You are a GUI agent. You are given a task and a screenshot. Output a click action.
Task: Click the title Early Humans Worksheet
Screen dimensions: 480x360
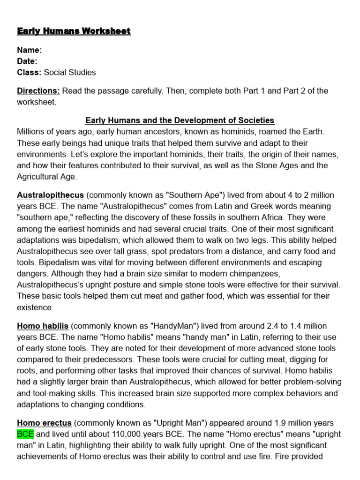[x=74, y=31]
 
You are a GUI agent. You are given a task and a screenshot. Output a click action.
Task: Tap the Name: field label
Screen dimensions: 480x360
[x=30, y=50]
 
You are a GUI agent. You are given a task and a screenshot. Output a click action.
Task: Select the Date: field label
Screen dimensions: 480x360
[x=27, y=61]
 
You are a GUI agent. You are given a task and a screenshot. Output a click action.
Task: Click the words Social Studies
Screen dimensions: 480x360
[x=70, y=72]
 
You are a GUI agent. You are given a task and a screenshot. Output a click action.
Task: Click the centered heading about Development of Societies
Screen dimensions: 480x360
[x=180, y=120]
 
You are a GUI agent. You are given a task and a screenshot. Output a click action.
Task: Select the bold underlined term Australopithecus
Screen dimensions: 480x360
[x=50, y=195]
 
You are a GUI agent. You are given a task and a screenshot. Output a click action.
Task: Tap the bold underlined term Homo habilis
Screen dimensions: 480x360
[x=43, y=326]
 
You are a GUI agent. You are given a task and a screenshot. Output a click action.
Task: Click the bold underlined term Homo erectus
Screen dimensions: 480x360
[x=44, y=423]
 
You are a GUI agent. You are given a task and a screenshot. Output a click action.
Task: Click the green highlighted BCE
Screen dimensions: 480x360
[x=25, y=434]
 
